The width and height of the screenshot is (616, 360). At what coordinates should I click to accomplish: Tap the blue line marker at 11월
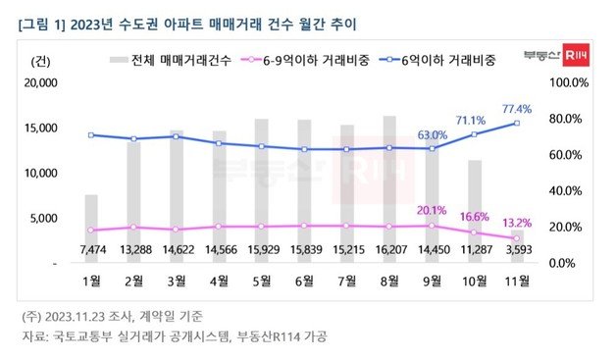coord(517,123)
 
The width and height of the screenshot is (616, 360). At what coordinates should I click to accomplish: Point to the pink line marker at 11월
coord(517,238)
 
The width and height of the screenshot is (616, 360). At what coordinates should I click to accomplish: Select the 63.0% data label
coord(433,135)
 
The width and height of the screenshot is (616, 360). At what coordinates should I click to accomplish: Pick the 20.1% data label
coord(432,209)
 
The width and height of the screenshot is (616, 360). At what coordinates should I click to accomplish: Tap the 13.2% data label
coord(518,222)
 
